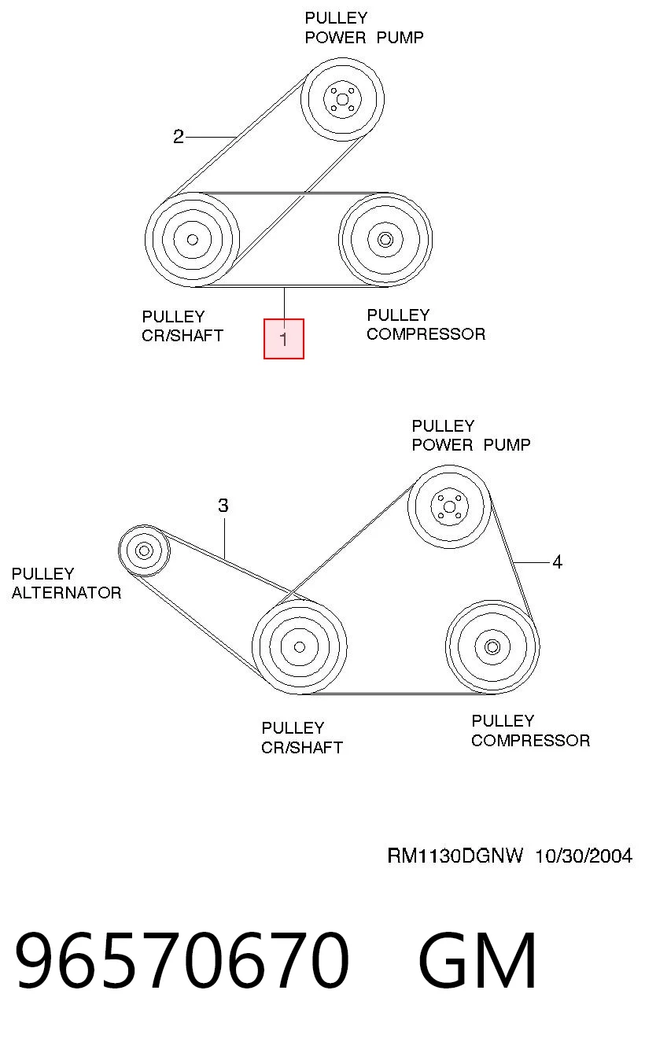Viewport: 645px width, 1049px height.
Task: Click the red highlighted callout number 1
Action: [283, 339]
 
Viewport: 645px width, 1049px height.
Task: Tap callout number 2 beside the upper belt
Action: [178, 137]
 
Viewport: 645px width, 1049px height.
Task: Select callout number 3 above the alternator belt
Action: [223, 506]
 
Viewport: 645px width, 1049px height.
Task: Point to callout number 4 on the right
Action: [557, 561]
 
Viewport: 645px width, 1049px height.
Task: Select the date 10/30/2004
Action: [584, 856]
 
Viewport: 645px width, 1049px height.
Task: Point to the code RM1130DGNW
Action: [455, 856]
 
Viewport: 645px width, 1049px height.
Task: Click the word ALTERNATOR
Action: [67, 593]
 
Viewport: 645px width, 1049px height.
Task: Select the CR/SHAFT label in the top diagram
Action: [182, 336]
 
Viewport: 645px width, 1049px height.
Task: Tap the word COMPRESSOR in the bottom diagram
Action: [531, 741]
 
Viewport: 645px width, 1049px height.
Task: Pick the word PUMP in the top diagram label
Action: [400, 38]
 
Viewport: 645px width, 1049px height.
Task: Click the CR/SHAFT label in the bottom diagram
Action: [302, 747]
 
